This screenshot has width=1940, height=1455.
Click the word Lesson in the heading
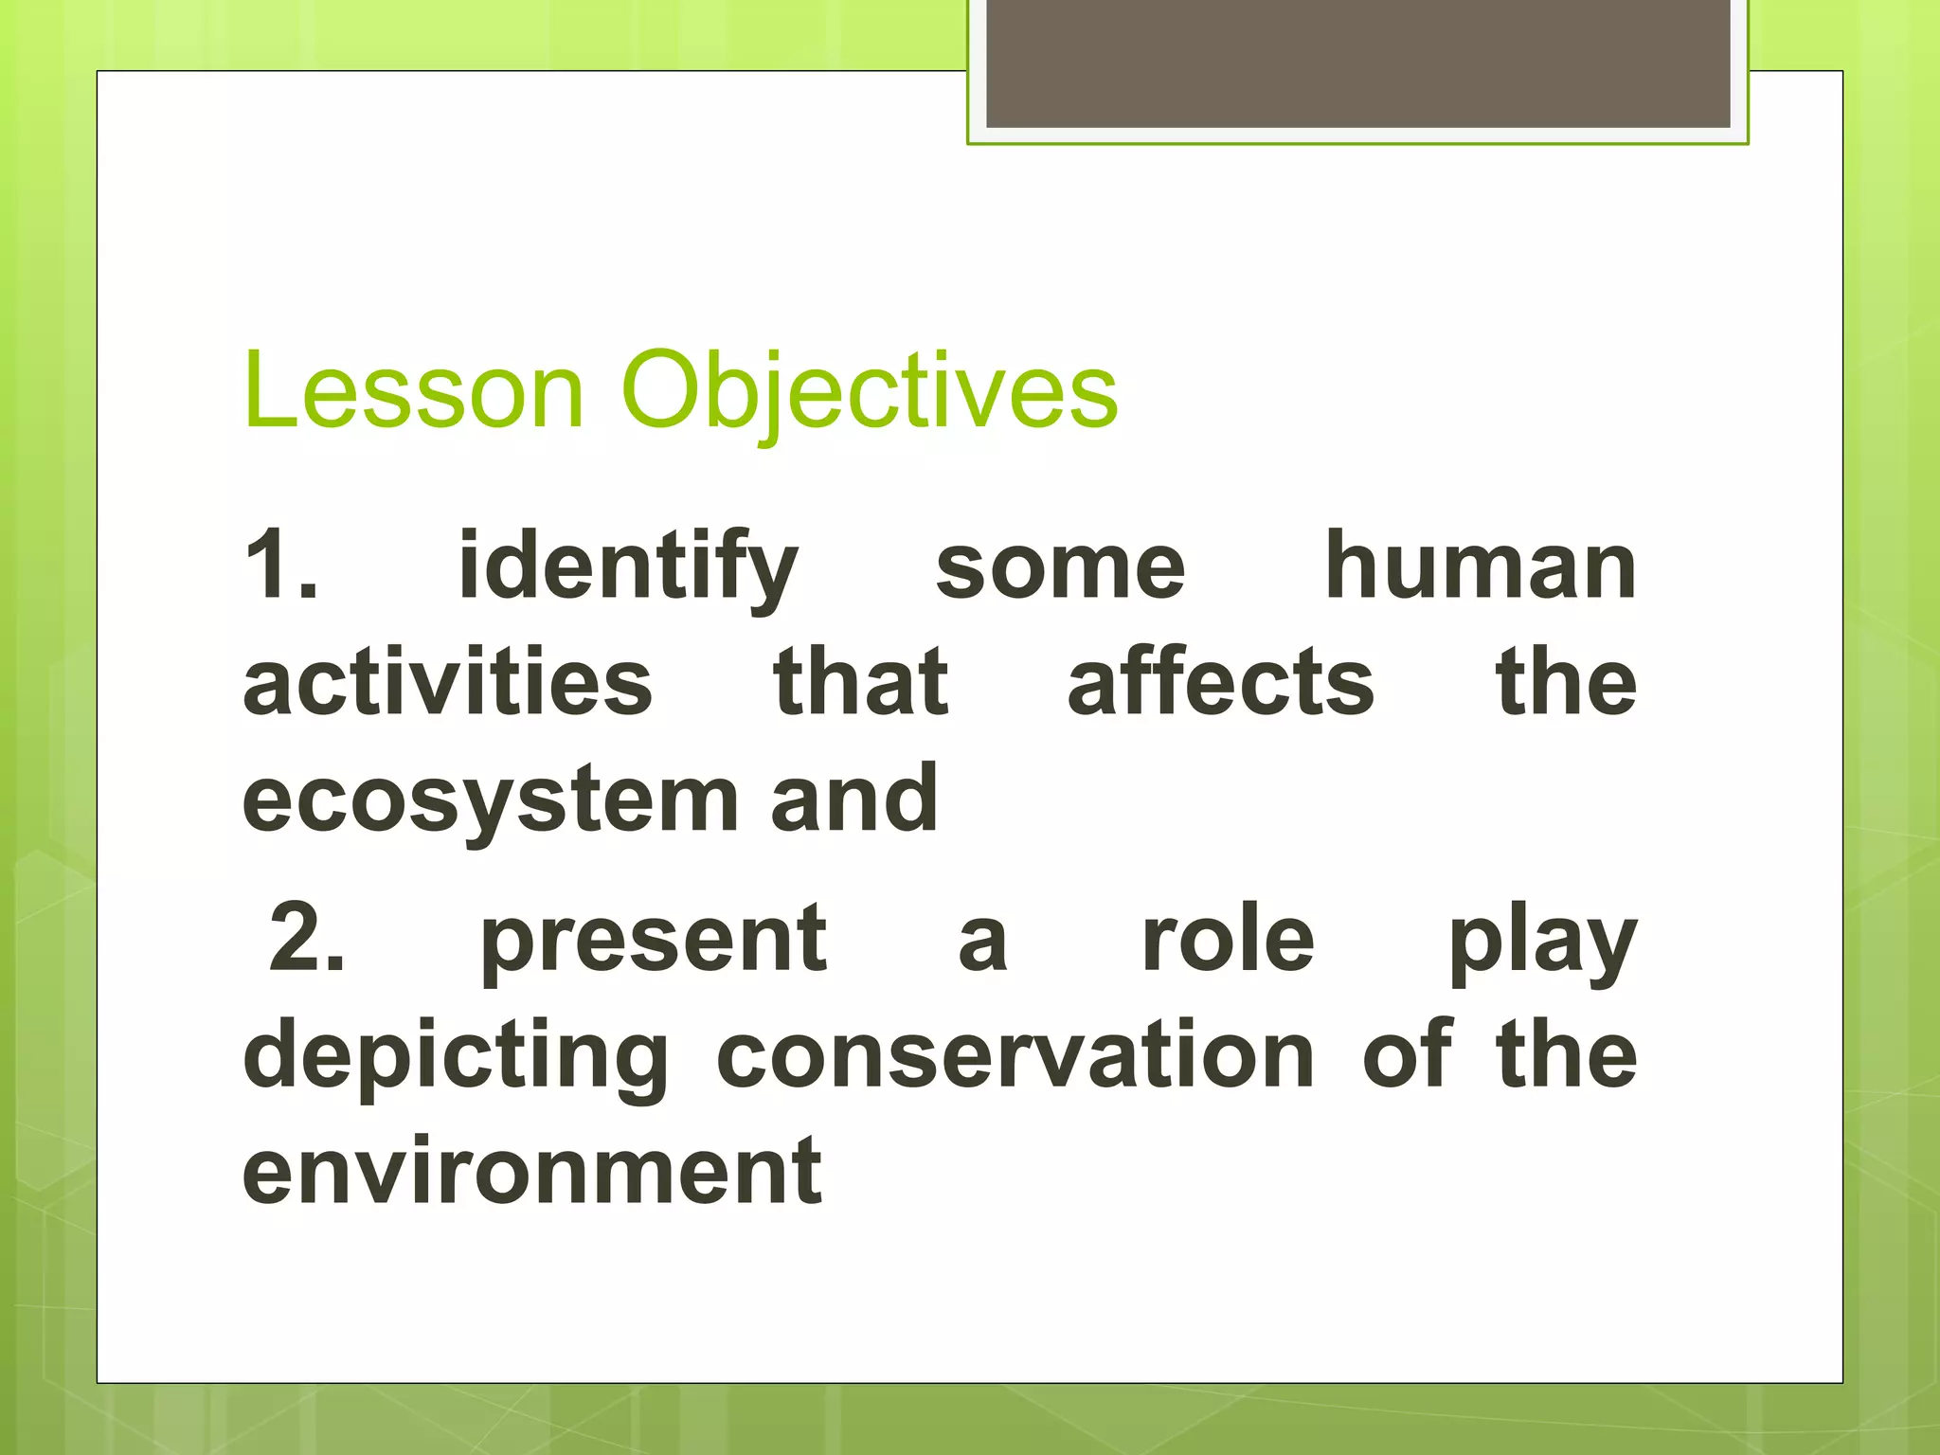coord(413,390)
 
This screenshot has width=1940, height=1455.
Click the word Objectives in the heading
coord(869,390)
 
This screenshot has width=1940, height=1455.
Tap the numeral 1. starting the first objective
coord(280,566)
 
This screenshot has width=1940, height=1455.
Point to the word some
coord(1060,568)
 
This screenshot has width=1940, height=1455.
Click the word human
coord(1481,566)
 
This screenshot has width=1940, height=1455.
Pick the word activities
coord(447,682)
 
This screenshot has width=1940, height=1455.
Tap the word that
coord(860,682)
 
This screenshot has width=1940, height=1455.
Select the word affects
coord(1220,682)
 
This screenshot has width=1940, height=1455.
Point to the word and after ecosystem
coord(853,799)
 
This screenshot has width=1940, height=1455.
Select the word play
coord(1542,943)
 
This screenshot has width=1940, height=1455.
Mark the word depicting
coord(456,1057)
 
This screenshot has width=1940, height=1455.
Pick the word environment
coord(532,1172)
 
